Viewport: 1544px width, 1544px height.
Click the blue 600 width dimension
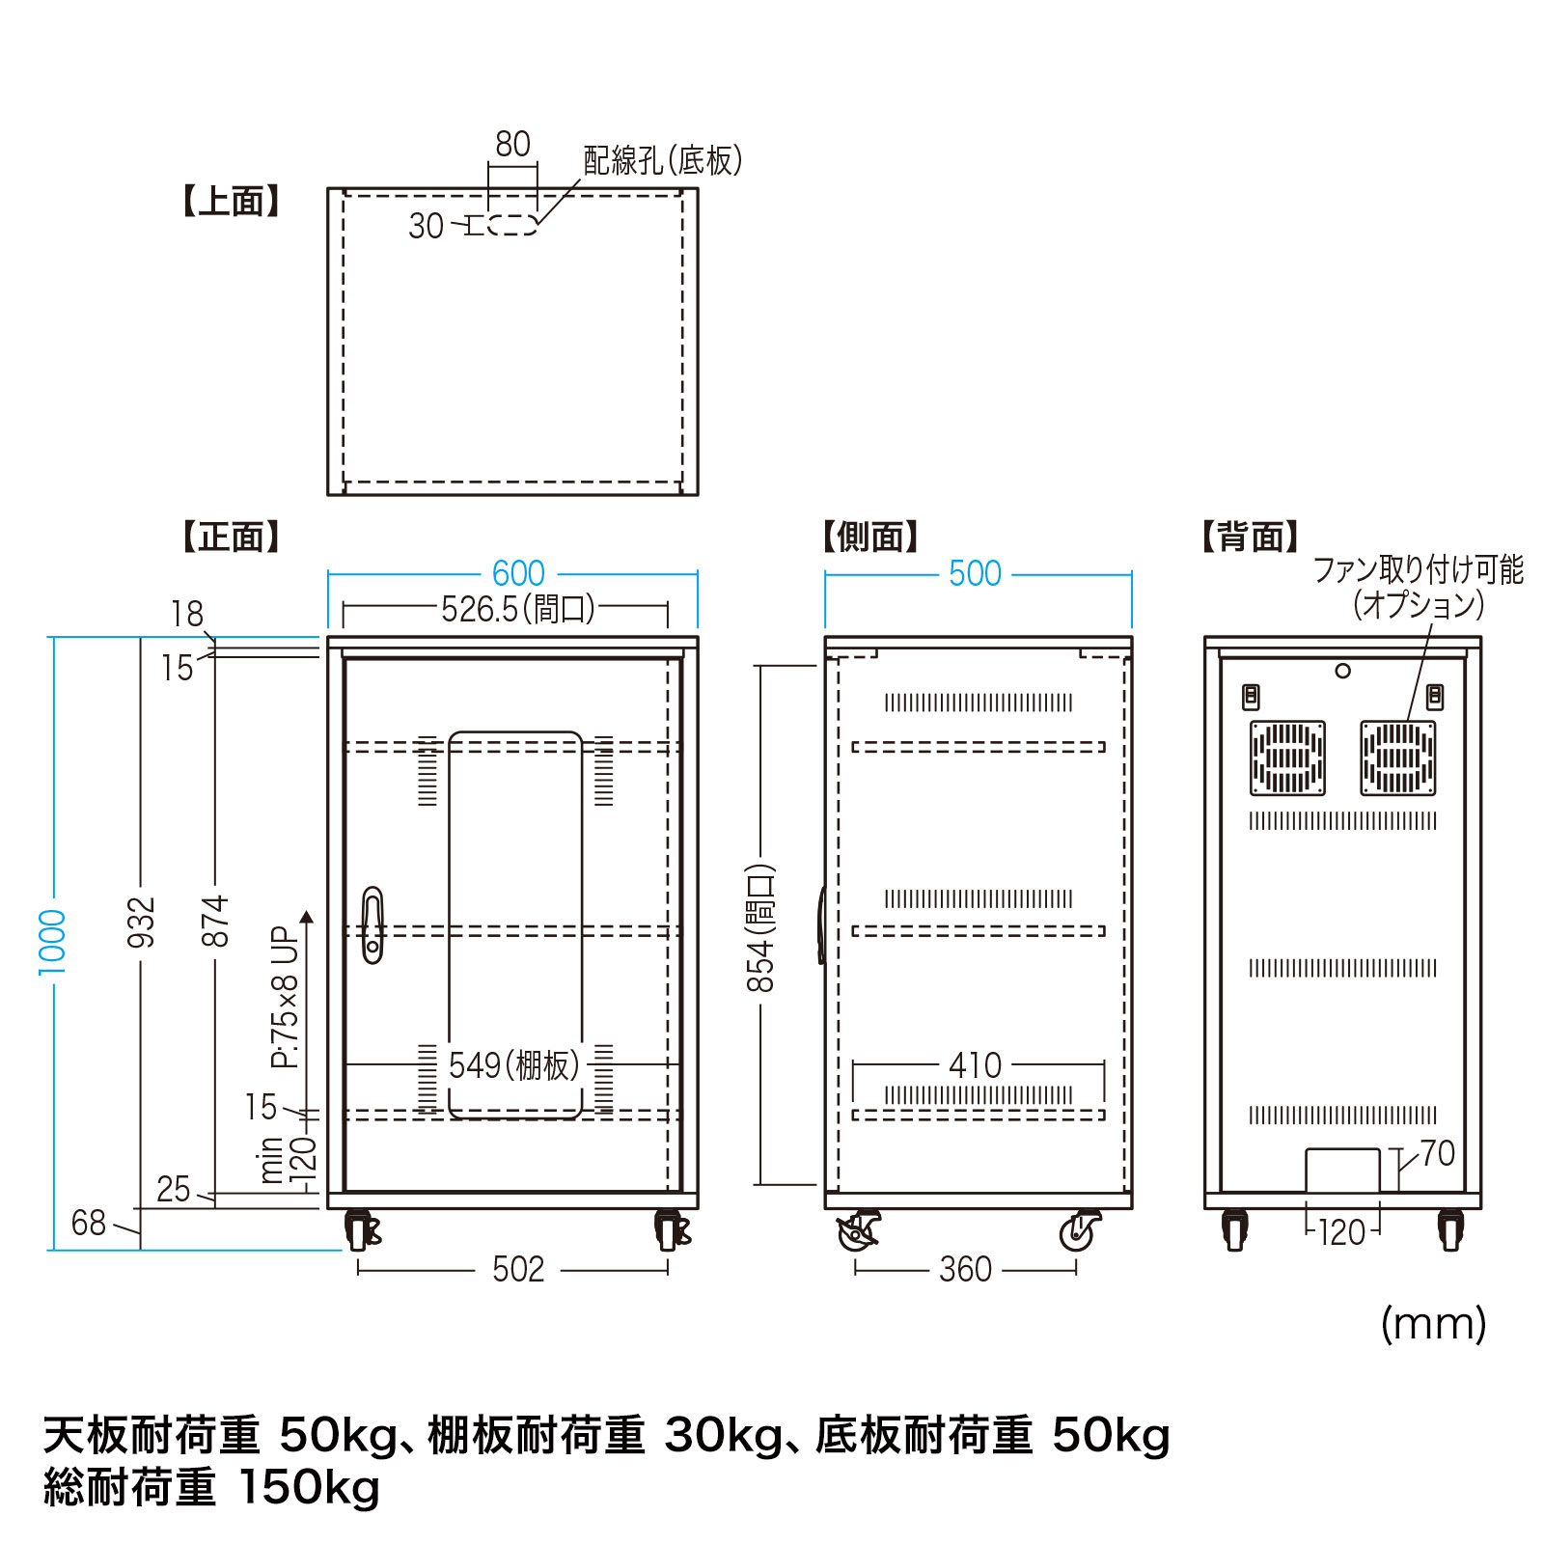tap(518, 574)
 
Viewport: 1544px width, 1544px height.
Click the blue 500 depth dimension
tap(975, 574)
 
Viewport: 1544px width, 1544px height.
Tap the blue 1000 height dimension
tap(52, 942)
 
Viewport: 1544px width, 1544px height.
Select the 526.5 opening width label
tap(518, 610)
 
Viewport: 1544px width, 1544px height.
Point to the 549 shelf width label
tap(513, 1066)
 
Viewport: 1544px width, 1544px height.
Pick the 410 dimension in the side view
tap(976, 1066)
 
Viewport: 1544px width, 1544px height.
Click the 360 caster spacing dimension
tap(965, 1270)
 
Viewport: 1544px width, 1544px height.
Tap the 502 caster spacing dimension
tap(518, 1270)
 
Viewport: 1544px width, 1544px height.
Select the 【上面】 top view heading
tap(232, 202)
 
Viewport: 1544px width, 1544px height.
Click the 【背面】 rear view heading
tap(1251, 537)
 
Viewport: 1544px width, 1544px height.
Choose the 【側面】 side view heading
tap(870, 537)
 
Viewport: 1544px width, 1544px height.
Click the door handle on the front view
tap(372, 924)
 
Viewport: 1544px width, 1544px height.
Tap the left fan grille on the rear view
tap(1287, 758)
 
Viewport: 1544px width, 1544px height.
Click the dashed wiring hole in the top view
tap(512, 225)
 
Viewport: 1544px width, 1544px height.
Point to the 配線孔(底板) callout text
tap(663, 160)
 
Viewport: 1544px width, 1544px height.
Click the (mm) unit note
tap(1433, 1324)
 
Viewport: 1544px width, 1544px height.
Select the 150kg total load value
tap(309, 1487)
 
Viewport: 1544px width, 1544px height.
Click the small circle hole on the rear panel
tap(1342, 671)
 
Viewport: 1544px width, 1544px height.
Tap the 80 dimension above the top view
tap(512, 145)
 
